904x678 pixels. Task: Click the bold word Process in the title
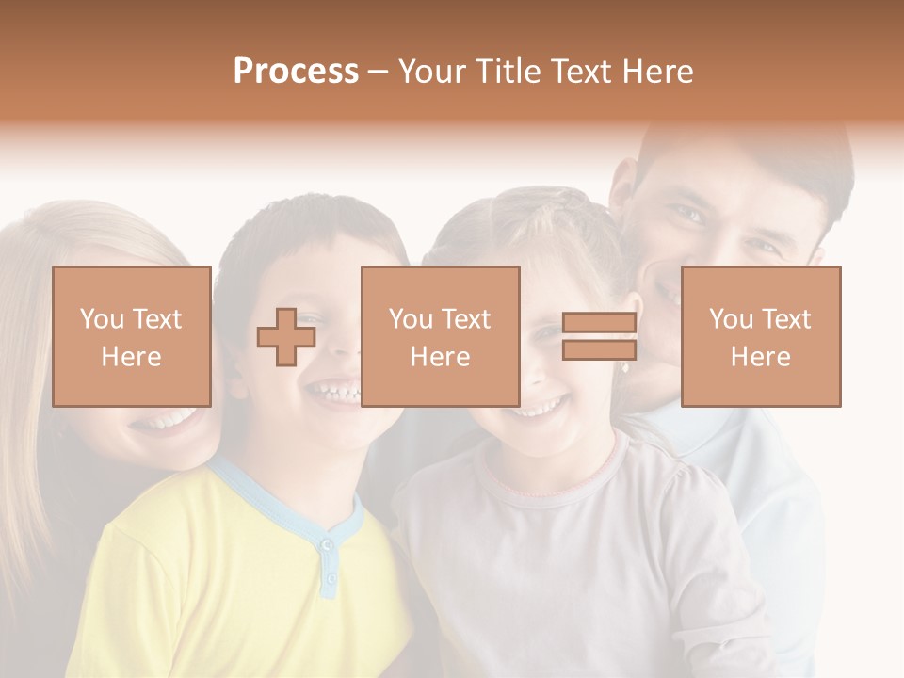click(296, 72)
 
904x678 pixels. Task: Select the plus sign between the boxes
click(286, 337)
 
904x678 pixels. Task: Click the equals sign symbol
click(599, 337)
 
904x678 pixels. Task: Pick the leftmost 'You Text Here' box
click(132, 336)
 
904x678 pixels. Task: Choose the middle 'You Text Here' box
click(440, 336)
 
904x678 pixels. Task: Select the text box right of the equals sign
click(761, 336)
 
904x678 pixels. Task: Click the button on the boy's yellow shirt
click(327, 545)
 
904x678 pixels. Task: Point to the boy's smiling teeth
click(335, 389)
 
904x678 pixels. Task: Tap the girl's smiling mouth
click(543, 406)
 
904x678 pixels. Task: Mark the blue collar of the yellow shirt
click(282, 508)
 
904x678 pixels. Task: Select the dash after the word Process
click(379, 72)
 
